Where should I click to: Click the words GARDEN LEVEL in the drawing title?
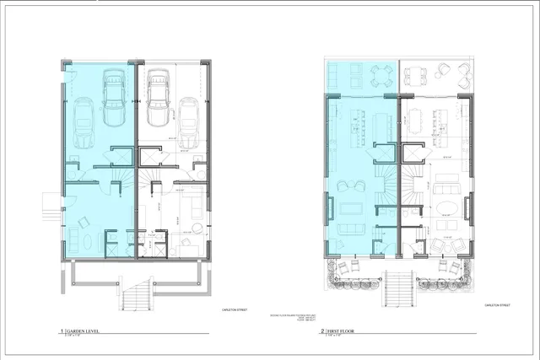[85, 332]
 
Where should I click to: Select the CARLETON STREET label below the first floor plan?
[495, 305]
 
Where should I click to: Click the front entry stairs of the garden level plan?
[136, 297]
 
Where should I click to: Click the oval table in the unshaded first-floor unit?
[445, 207]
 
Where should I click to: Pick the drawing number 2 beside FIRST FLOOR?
[322, 332]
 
